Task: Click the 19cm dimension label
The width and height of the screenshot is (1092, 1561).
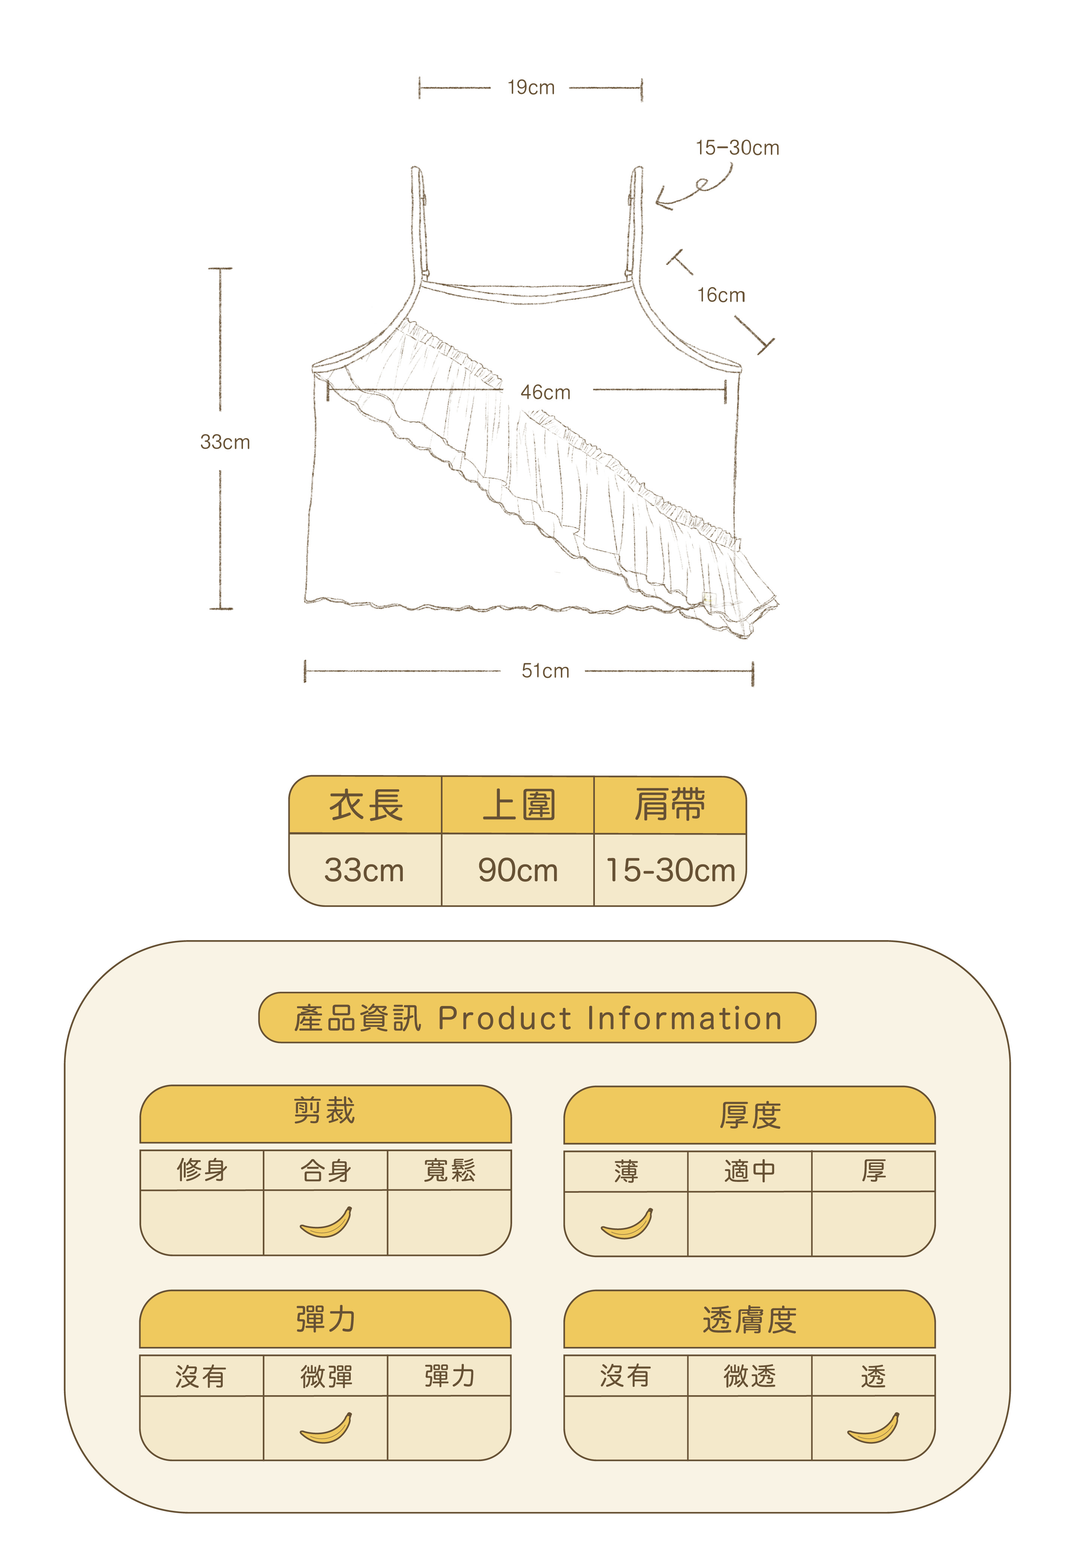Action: coord(531,88)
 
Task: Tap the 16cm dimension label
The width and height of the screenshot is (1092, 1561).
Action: coord(721,295)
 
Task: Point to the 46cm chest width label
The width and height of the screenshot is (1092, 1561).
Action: coord(545,392)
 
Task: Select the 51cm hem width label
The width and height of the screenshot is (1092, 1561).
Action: coord(545,671)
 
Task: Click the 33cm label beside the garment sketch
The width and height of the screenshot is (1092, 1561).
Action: coord(225,443)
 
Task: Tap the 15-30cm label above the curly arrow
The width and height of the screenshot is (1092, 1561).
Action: coord(737,147)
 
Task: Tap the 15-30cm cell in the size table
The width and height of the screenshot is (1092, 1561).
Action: coord(670,870)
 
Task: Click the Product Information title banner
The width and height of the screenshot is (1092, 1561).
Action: coord(537,1018)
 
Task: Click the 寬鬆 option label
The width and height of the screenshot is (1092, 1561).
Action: coord(450,1170)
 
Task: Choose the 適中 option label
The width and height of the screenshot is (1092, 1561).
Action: coord(749,1171)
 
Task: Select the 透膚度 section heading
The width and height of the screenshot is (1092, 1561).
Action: coord(749,1320)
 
